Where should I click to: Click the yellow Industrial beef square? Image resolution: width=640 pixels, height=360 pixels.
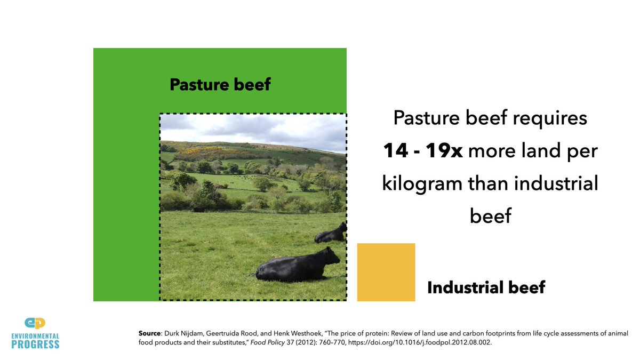(386, 273)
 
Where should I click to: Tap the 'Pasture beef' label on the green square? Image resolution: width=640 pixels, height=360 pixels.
(220, 85)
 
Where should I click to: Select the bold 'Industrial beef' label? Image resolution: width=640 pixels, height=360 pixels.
(486, 287)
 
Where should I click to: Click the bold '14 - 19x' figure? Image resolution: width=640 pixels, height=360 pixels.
(422, 150)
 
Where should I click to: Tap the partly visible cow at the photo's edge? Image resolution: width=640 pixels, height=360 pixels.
(331, 233)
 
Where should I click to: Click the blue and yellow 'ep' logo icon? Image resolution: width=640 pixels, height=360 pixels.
(35, 323)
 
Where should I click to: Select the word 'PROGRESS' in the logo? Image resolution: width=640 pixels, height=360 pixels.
(35, 345)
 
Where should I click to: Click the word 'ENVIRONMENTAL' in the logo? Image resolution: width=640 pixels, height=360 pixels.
(35, 336)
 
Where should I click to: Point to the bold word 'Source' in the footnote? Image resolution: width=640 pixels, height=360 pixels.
(149, 333)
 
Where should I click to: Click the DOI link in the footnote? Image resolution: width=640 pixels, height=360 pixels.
(420, 342)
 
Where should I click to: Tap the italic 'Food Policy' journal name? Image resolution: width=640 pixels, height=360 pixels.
(267, 342)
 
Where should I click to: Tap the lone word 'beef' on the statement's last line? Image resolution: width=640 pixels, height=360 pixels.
(491, 215)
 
